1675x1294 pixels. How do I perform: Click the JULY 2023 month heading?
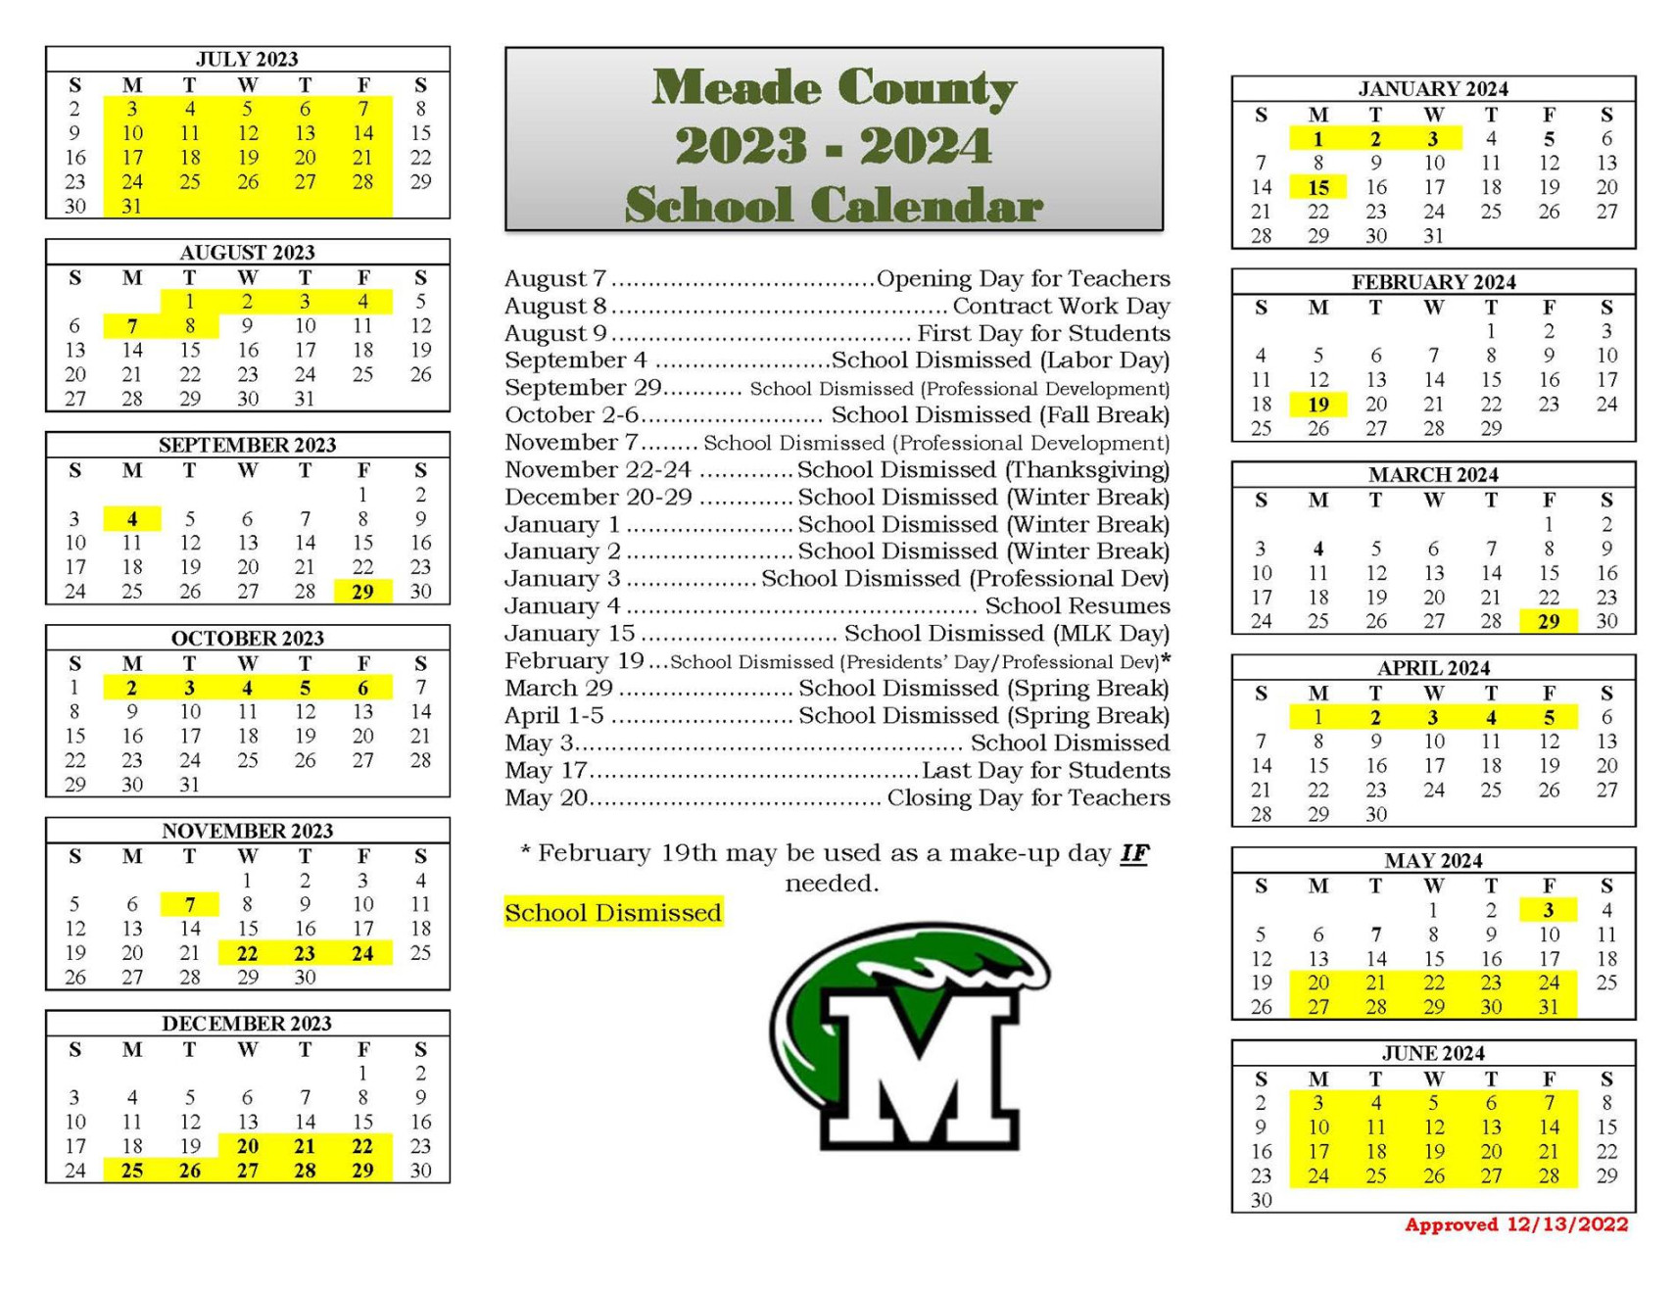click(x=247, y=59)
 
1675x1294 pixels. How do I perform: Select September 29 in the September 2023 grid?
click(x=362, y=592)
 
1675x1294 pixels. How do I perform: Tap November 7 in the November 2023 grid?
click(x=190, y=904)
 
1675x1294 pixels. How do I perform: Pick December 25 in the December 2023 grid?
click(x=132, y=1170)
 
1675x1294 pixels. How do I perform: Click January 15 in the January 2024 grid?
click(x=1318, y=187)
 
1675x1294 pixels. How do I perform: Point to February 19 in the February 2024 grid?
click(x=1318, y=404)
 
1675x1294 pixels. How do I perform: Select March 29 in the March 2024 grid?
click(x=1548, y=621)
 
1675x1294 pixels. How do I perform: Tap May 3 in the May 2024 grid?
click(x=1548, y=910)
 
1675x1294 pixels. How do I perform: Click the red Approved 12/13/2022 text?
click(x=1515, y=1224)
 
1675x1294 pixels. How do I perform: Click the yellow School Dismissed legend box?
click(x=613, y=912)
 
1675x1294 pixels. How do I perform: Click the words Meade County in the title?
click(x=835, y=88)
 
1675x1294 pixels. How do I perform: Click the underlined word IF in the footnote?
click(x=1133, y=853)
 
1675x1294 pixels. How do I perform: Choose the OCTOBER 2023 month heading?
click(x=247, y=638)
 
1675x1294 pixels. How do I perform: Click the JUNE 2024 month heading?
click(x=1433, y=1053)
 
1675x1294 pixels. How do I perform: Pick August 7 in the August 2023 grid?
click(x=132, y=326)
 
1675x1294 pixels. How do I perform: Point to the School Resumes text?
click(x=1077, y=606)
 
